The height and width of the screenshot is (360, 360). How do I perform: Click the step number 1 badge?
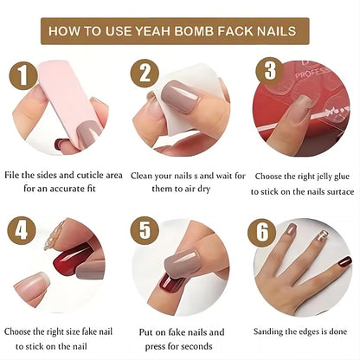[x=23, y=75]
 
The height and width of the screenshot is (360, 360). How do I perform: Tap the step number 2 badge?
[x=145, y=74]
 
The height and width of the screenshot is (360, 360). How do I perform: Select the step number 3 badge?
[x=270, y=71]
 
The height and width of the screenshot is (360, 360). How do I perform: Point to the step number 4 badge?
[x=22, y=231]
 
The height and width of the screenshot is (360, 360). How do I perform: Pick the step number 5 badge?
[x=145, y=231]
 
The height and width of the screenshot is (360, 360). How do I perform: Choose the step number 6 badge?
[x=262, y=233]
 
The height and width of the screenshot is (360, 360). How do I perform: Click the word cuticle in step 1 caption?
[x=90, y=175]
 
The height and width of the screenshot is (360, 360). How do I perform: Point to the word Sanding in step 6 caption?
[x=268, y=332]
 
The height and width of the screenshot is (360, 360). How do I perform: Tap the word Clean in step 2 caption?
[x=141, y=176]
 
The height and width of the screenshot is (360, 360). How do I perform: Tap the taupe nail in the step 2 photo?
[x=179, y=97]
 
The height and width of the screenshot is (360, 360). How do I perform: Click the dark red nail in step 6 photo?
[x=345, y=262]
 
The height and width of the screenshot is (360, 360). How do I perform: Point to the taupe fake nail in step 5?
[x=182, y=262]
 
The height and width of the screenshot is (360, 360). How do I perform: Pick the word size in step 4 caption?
[x=73, y=332]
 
